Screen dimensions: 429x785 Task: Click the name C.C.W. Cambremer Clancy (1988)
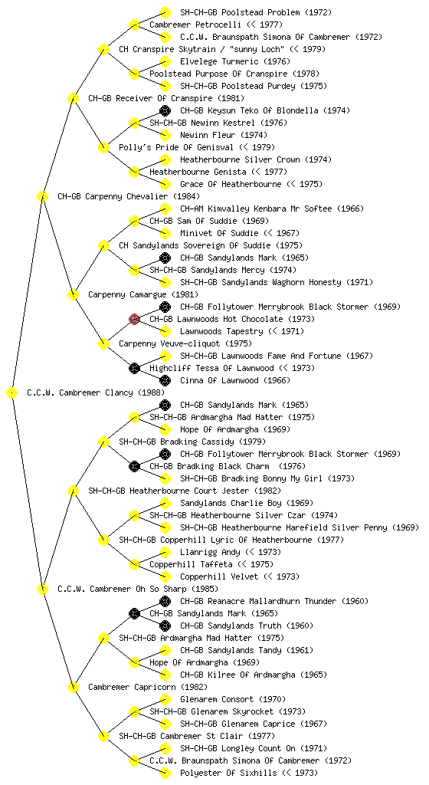(x=96, y=392)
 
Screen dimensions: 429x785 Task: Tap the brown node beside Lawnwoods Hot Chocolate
(x=134, y=319)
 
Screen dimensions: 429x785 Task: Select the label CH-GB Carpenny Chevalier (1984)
(x=129, y=196)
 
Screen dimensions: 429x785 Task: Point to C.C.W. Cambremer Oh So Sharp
(x=123, y=589)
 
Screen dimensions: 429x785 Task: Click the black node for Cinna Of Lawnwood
(x=165, y=380)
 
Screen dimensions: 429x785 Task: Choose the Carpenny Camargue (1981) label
(x=143, y=294)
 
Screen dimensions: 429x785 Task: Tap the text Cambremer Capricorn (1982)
(x=148, y=687)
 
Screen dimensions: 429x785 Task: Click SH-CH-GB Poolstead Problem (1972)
(x=256, y=12)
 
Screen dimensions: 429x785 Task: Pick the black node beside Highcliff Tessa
(x=134, y=368)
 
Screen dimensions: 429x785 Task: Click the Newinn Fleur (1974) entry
(x=224, y=135)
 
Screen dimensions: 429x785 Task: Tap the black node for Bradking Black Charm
(x=134, y=466)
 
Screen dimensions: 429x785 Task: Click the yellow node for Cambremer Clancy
(x=12, y=392)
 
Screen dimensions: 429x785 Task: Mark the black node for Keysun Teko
(x=165, y=110)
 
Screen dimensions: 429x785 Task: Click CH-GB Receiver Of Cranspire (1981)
(x=166, y=98)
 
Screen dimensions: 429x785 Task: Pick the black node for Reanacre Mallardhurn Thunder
(x=165, y=601)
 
